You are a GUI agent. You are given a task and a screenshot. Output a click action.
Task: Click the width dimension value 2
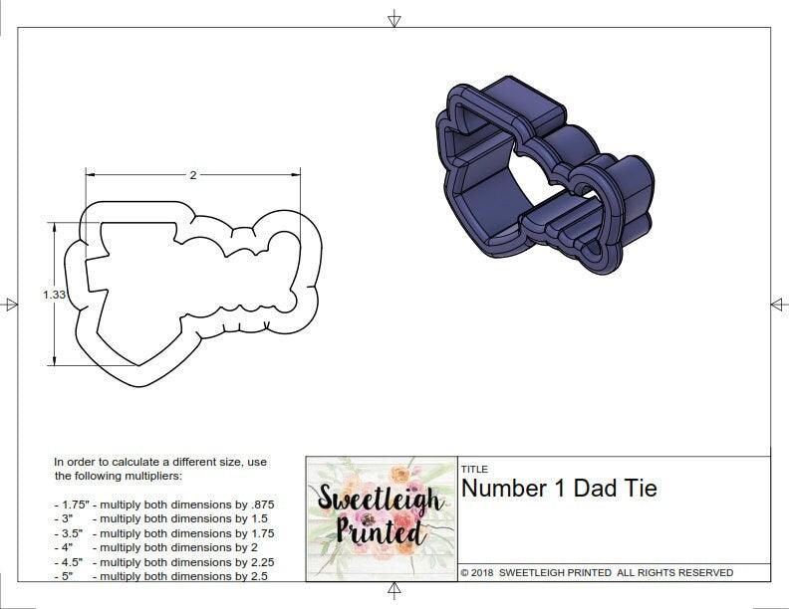click(192, 175)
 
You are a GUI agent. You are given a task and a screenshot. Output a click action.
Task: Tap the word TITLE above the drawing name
click(473, 469)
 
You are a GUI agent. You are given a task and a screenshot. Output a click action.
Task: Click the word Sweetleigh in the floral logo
click(381, 498)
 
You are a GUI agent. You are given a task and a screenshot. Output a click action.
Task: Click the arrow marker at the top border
click(394, 18)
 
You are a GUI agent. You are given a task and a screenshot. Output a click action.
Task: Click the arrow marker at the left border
click(11, 304)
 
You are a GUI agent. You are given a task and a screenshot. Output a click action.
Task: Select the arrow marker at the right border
click(778, 304)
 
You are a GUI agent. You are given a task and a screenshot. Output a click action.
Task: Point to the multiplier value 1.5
click(254, 519)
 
